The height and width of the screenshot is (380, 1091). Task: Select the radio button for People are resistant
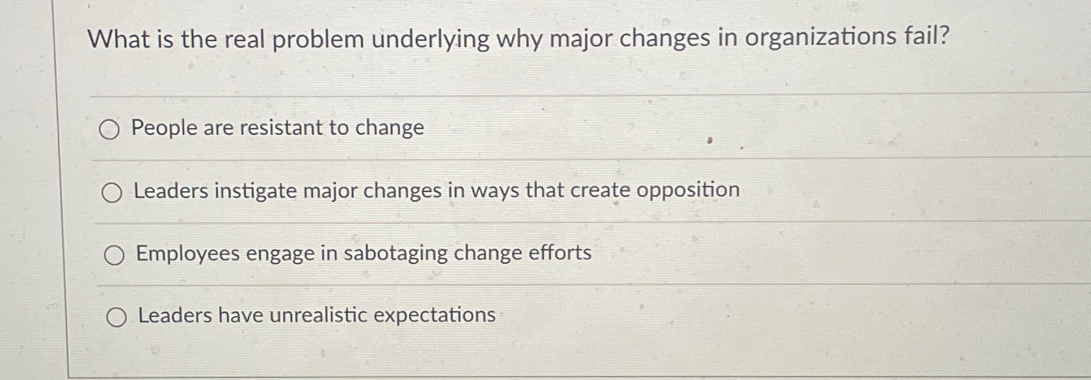pyautogui.click(x=109, y=131)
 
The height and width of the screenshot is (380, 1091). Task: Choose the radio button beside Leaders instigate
pyautogui.click(x=112, y=193)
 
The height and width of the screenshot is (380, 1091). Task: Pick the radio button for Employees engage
pyautogui.click(x=114, y=256)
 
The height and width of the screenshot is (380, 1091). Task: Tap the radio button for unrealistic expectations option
pyautogui.click(x=116, y=318)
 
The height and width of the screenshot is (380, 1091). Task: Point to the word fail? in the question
pyautogui.click(x=926, y=36)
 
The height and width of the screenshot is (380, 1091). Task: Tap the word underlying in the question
pyautogui.click(x=430, y=40)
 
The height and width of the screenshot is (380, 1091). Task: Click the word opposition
pyautogui.click(x=688, y=190)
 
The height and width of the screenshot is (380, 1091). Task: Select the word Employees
pyautogui.click(x=187, y=254)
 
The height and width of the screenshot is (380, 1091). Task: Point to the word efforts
pyautogui.click(x=559, y=252)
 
